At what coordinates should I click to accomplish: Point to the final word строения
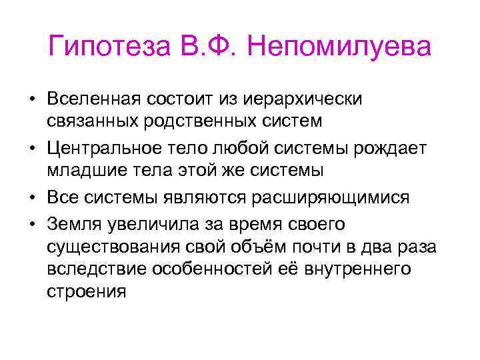(87, 292)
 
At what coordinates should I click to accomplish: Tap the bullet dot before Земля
(31, 224)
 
